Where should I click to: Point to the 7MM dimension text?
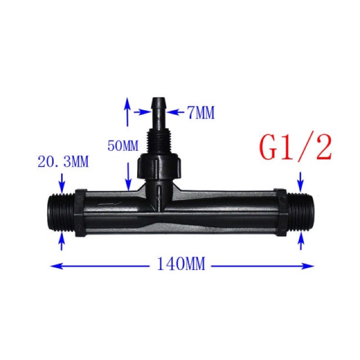click(201, 112)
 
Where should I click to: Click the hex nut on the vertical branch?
click(160, 165)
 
